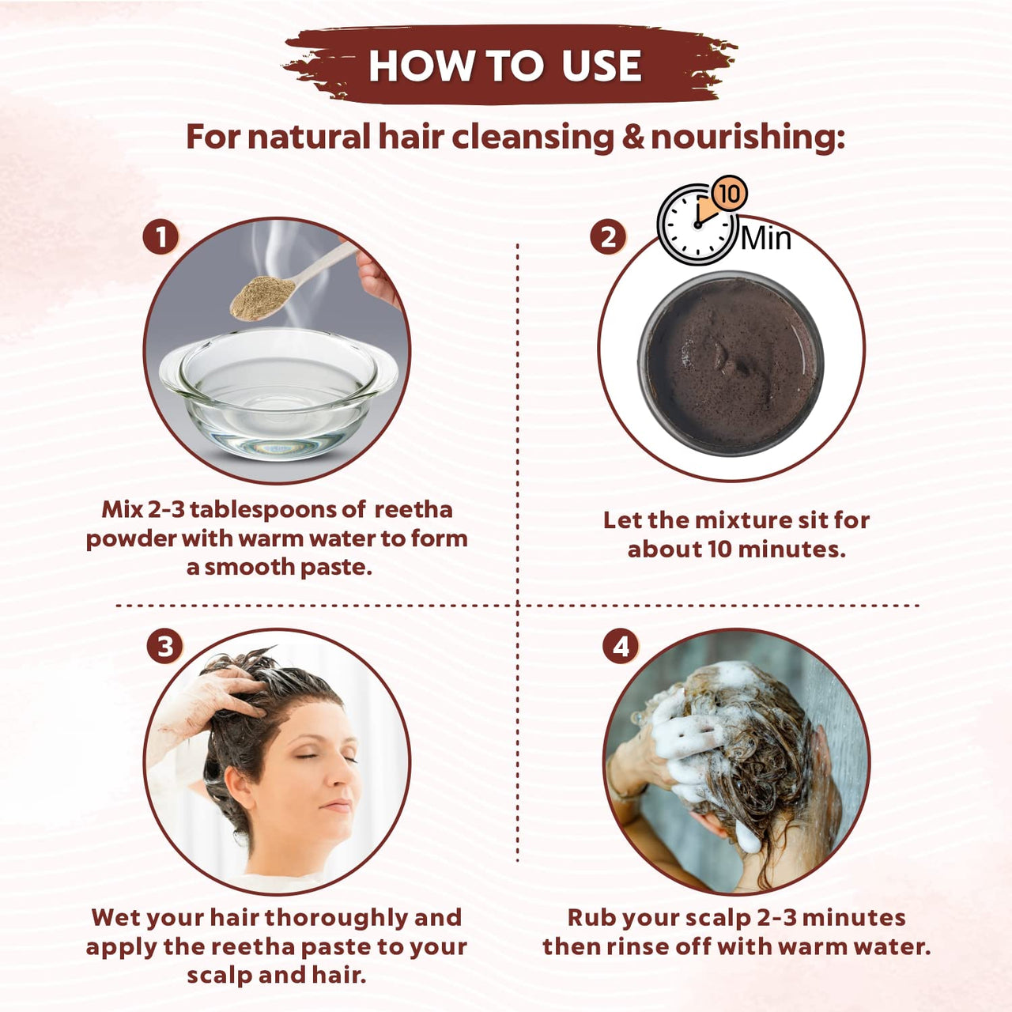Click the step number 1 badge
click(161, 237)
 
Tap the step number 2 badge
click(608, 237)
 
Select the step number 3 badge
click(164, 647)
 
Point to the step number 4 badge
click(621, 647)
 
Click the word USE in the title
click(601, 66)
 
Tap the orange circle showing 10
click(729, 194)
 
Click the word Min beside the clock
click(765, 237)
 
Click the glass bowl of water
click(277, 395)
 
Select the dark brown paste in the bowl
click(731, 364)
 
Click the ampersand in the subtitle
click(632, 138)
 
